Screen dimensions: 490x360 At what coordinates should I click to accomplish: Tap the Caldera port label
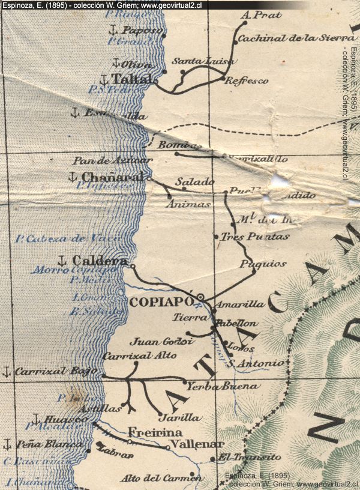[x=100, y=261]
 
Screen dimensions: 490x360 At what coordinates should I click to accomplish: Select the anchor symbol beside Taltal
[x=103, y=79]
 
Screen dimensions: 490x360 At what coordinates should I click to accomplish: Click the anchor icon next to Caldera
[x=61, y=260]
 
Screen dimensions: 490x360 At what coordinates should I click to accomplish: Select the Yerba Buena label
[x=214, y=386]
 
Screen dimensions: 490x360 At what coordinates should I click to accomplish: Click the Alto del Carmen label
[x=161, y=478]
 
